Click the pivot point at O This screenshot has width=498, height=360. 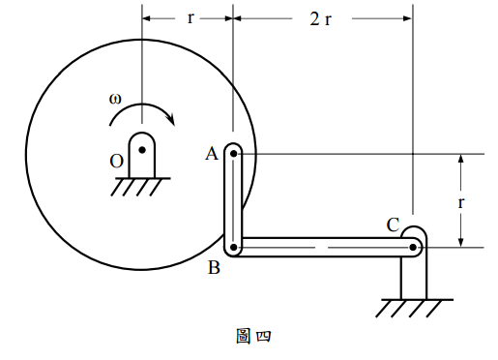(142, 150)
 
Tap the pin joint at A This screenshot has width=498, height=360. (234, 154)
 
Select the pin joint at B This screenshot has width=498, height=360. (234, 248)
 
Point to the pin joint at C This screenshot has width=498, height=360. (413, 248)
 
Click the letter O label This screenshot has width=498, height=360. (117, 162)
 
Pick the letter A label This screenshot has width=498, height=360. (212, 154)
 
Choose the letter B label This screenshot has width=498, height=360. (214, 267)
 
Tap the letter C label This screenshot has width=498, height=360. (393, 225)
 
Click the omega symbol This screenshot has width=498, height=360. (115, 99)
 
